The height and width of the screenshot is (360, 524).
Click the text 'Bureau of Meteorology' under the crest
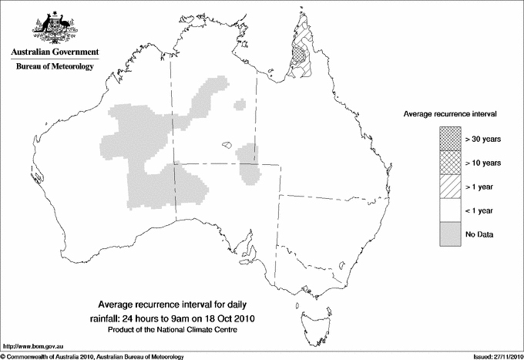click(x=55, y=67)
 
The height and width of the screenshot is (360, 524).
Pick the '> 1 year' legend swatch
click(x=450, y=186)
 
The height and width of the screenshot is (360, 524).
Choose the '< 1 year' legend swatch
click(x=450, y=210)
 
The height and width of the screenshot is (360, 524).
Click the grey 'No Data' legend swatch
click(x=450, y=234)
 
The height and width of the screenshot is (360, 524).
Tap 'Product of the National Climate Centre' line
click(x=178, y=329)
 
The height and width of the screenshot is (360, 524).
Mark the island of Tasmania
click(x=308, y=311)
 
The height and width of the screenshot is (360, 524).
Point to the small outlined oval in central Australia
click(x=226, y=144)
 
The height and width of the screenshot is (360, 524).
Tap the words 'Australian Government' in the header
click(x=55, y=52)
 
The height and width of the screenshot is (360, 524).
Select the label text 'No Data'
click(x=479, y=234)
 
